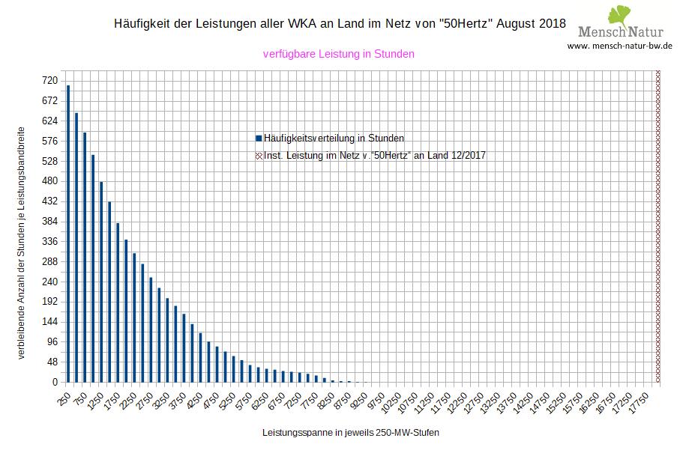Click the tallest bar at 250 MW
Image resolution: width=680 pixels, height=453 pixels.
[68, 234]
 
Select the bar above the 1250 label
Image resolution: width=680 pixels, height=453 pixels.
[101, 282]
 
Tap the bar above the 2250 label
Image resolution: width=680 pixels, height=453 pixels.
[134, 317]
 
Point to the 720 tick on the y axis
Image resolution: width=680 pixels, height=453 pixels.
[50, 80]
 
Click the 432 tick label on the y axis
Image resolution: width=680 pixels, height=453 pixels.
[50, 201]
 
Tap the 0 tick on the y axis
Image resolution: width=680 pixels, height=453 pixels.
[55, 382]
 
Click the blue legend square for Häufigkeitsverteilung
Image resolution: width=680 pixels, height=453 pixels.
[259, 139]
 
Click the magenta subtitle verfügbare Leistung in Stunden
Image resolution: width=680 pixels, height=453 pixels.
[339, 54]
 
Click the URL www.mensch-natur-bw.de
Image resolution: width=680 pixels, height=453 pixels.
[619, 46]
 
